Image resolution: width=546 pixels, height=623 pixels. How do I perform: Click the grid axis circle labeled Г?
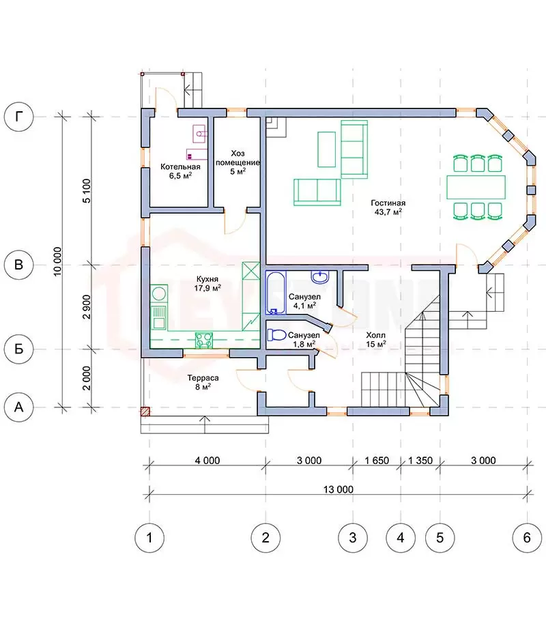tap(18, 117)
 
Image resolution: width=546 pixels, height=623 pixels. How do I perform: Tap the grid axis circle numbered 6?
tap(527, 538)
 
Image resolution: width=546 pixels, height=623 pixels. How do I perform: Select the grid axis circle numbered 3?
tap(352, 538)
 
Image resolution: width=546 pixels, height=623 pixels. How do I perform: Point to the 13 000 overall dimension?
tap(338, 489)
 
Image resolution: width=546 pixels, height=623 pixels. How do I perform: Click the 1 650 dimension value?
tap(377, 461)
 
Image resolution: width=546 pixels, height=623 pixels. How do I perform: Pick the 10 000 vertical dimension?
tap(57, 261)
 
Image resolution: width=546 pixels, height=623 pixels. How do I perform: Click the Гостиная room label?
tap(388, 203)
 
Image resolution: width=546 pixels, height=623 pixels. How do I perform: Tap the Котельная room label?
tap(180, 166)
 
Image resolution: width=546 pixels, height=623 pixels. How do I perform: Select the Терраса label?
tap(203, 378)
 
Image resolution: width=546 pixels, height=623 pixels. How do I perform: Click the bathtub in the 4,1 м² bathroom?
tap(276, 293)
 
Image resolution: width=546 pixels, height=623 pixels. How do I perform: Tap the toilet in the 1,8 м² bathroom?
tap(276, 334)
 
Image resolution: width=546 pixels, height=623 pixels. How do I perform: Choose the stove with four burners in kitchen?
tap(204, 340)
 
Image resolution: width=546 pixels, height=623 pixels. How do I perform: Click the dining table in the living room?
tap(476, 187)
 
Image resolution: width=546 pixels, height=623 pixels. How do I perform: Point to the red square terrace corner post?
tap(145, 411)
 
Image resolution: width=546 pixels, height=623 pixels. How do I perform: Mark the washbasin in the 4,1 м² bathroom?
tap(320, 276)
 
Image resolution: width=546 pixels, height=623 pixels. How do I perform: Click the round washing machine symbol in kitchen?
tap(159, 294)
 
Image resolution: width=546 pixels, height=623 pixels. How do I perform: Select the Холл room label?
tap(376, 335)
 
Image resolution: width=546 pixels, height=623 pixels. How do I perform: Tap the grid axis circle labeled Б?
tap(18, 349)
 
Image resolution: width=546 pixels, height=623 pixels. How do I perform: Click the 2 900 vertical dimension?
tap(86, 307)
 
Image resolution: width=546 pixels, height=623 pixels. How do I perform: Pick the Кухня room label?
tap(207, 279)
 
